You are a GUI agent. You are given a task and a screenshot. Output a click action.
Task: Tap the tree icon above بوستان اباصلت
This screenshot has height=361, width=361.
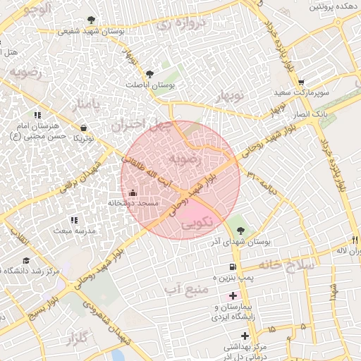(x=149, y=73)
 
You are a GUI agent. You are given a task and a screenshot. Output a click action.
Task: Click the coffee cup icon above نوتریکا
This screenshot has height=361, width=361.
(x=85, y=128)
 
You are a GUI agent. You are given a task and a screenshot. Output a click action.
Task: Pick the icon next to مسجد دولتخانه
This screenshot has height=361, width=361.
(x=133, y=192)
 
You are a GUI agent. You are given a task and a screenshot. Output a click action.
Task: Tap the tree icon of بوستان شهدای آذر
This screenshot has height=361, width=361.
(x=241, y=231)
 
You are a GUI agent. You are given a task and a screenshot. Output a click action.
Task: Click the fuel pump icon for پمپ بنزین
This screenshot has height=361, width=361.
(x=232, y=267)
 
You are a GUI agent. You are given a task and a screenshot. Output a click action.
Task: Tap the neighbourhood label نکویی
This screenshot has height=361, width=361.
(x=199, y=224)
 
